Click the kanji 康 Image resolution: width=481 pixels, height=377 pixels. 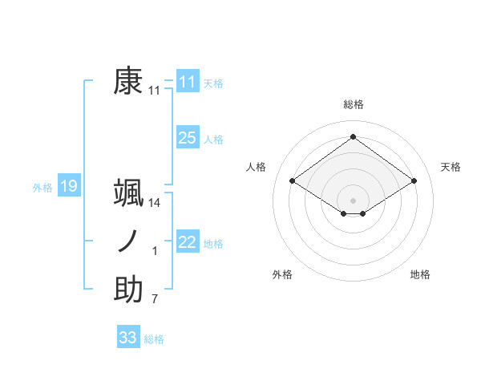tap(128, 81)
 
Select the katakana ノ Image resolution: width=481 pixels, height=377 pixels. tap(128, 241)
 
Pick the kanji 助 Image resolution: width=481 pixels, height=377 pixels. tap(128, 290)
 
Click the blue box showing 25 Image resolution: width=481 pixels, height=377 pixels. tap(187, 138)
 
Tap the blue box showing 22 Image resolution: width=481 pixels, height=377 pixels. tap(187, 242)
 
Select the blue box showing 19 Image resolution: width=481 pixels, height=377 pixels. tap(68, 187)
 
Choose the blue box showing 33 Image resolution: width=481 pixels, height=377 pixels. tap(127, 338)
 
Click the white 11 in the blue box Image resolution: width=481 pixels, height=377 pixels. tap(187, 82)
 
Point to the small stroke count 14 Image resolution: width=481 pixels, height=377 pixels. tap(155, 204)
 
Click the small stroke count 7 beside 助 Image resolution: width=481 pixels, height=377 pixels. tap(155, 300)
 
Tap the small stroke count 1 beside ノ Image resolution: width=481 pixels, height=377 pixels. tap(155, 252)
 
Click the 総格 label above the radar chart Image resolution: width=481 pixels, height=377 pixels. tap(353, 105)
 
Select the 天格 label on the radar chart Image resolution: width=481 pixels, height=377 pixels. tap(451, 167)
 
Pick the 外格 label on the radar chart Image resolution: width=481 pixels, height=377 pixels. tap(282, 274)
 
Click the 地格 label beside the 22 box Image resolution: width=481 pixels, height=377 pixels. tap(214, 244)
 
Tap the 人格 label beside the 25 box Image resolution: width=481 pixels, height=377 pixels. tap(214, 140)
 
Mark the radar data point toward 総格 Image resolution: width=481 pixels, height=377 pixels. tap(353, 136)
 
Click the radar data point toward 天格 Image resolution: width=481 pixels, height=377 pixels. tap(414, 181)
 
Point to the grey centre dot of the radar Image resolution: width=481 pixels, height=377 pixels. tap(353, 199)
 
